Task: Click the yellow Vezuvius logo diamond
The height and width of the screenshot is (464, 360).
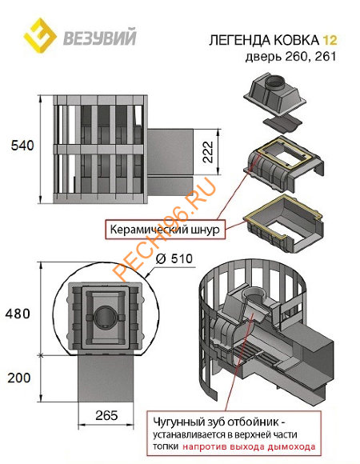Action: click(40, 35)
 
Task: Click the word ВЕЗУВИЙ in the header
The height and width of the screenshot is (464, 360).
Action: click(100, 37)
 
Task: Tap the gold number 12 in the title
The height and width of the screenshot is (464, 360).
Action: click(330, 40)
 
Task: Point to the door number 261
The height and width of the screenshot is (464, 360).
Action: click(326, 57)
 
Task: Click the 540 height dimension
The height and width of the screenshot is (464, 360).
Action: click(22, 146)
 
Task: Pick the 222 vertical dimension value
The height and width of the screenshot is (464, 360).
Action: click(208, 152)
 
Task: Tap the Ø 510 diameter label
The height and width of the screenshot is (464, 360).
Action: click(174, 259)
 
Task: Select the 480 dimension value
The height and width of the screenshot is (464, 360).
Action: click(18, 314)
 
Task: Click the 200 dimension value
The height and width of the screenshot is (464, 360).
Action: click(19, 378)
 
